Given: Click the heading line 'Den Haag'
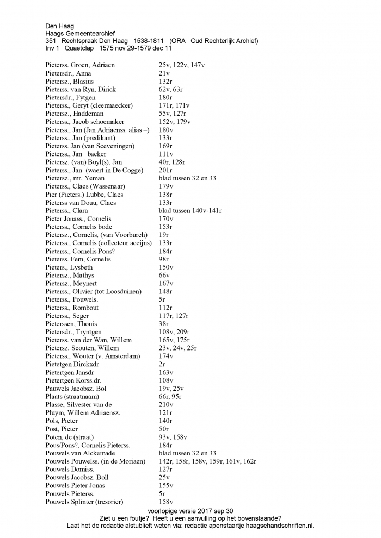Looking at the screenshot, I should tap(60, 26).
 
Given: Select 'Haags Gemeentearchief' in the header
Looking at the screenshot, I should tap(80, 33).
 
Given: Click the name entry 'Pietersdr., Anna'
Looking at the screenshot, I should tap(68, 73).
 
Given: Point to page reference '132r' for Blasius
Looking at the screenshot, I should tap(165, 82).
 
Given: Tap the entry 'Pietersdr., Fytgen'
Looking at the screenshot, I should tap(70, 98).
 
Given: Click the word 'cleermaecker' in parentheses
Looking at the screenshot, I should tap(113, 105).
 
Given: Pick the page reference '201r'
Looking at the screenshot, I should tap(165, 170).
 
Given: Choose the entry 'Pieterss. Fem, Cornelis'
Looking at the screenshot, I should tap(78, 259).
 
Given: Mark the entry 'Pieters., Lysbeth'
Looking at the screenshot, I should tap(69, 267).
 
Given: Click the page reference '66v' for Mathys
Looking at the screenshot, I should tap(164, 276).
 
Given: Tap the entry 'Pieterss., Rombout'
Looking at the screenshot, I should tap(72, 308).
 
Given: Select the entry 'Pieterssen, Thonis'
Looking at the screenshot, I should tap(71, 324).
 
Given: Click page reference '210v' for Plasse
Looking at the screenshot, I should tap(166, 405).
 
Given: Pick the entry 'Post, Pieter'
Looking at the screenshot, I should tap(62, 429).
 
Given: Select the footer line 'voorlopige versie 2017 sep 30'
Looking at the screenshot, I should tap(190, 511).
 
